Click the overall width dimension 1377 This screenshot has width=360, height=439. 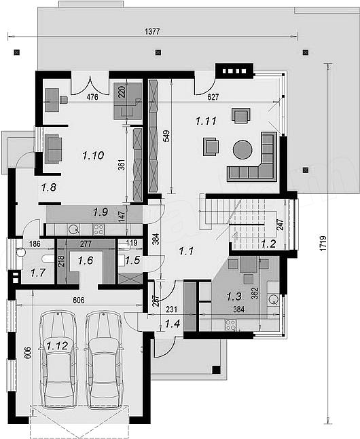(152, 31)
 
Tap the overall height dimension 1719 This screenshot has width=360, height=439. (323, 243)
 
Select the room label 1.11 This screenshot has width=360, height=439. (206, 121)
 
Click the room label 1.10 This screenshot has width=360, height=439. (93, 155)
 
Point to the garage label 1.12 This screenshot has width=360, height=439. (57, 346)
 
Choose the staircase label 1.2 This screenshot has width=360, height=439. (268, 244)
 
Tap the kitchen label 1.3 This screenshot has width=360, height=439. (234, 297)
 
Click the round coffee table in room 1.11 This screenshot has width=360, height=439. (242, 149)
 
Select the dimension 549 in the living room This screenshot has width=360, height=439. (166, 136)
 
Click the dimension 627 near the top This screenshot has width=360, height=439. (213, 97)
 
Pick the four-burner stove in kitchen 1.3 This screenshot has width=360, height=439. (230, 325)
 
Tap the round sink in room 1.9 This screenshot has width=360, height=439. (73, 229)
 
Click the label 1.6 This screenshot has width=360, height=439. (86, 261)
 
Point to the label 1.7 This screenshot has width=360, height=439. (38, 272)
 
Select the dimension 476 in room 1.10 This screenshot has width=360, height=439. (92, 97)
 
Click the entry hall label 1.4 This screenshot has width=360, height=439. (172, 324)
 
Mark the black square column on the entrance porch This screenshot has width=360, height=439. (216, 370)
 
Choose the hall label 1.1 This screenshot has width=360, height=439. (186, 251)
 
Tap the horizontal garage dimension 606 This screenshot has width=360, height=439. (79, 300)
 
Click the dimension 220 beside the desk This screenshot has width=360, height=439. (122, 92)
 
